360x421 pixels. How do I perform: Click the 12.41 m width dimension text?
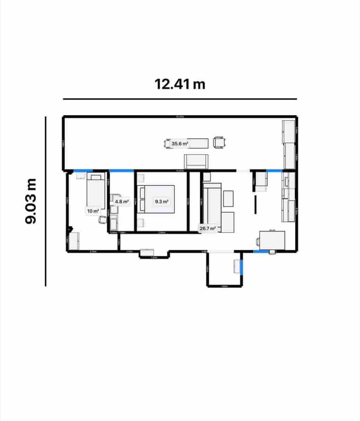pyautogui.click(x=180, y=84)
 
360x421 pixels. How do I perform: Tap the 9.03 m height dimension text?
pyautogui.click(x=31, y=201)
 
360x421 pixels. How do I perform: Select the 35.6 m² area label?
pyautogui.click(x=180, y=143)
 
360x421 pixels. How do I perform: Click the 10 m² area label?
pyautogui.click(x=93, y=211)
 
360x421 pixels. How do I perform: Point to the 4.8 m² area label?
pyautogui.click(x=122, y=202)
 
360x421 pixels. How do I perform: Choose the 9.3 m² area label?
pyautogui.click(x=162, y=202)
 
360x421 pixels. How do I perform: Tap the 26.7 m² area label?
pyautogui.click(x=207, y=228)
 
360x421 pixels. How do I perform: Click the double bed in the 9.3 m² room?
pyautogui.click(x=156, y=199)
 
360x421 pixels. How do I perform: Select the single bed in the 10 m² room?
pyautogui.click(x=96, y=191)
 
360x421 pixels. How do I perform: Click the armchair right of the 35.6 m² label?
pyautogui.click(x=219, y=142)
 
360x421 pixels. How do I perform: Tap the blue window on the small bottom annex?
pyautogui.click(x=241, y=267)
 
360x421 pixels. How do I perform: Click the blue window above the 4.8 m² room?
pyautogui.click(x=121, y=171)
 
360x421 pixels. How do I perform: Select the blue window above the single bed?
pyautogui.click(x=83, y=171)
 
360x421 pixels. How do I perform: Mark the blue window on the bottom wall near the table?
pyautogui.click(x=261, y=251)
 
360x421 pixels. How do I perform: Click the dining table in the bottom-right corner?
pyautogui.click(x=272, y=240)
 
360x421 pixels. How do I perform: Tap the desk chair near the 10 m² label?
pyautogui.click(x=103, y=220)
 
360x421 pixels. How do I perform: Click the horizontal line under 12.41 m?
pyautogui.click(x=180, y=99)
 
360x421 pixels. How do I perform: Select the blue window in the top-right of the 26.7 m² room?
pyautogui.click(x=274, y=171)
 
